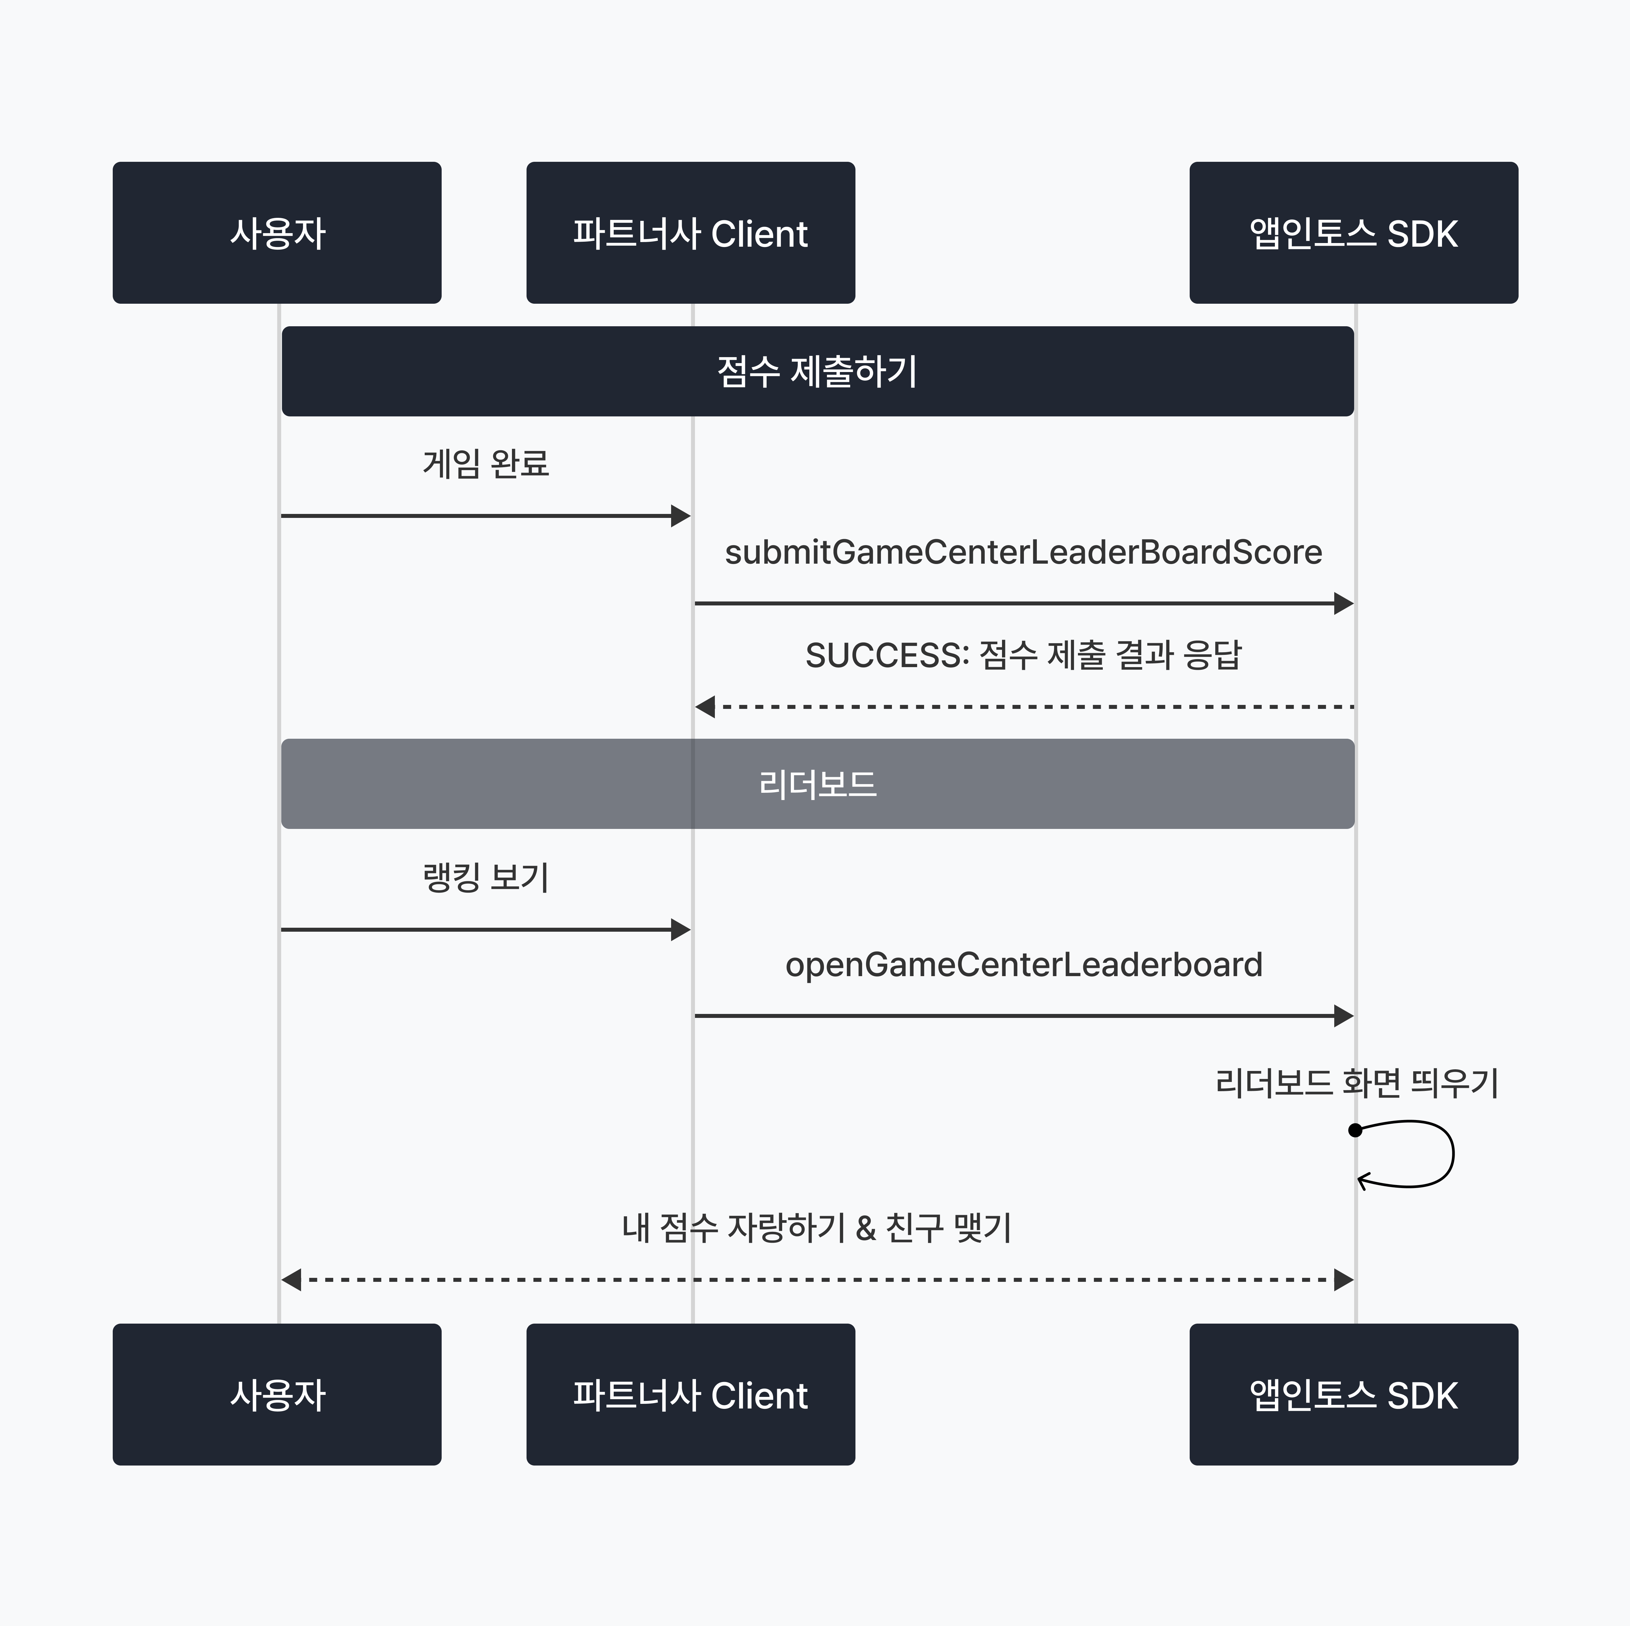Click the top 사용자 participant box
point(277,233)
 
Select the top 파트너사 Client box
point(690,233)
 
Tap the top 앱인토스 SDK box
point(1353,233)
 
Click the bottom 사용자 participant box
point(277,1394)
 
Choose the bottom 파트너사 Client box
point(690,1394)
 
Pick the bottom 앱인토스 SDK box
point(1353,1394)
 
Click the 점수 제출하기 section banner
point(817,371)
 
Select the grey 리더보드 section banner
point(817,784)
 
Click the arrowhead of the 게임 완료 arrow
point(681,516)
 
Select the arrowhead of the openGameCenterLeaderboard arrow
point(1344,1016)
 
